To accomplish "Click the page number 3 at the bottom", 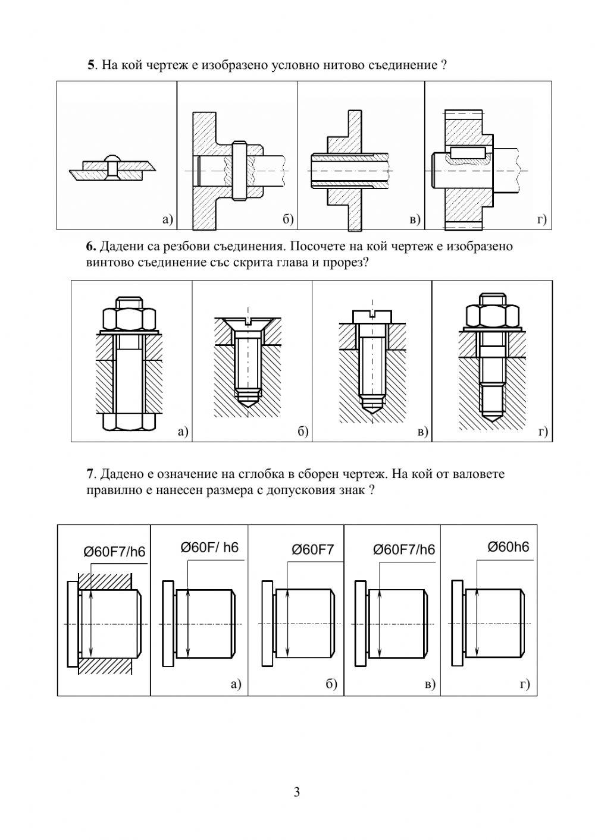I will pos(297,792).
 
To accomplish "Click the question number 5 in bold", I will pos(91,65).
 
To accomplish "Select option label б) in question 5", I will pos(288,220).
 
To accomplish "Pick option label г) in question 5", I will pos(542,220).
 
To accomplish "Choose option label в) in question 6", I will pos(422,432).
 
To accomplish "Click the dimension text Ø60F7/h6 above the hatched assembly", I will pos(114,552).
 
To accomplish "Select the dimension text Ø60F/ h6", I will pos(209,548).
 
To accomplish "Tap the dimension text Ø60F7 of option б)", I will pos(313,550).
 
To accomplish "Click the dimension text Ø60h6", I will pos(508,547).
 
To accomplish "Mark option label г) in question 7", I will pos(524,684).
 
